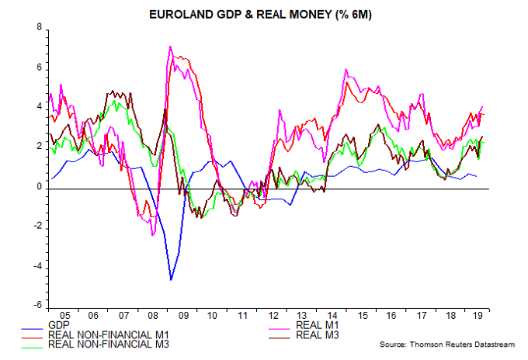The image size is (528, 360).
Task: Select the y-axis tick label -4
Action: [37, 267]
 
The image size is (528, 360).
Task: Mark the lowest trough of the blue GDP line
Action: [171, 279]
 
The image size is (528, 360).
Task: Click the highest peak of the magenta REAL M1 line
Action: [170, 47]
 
